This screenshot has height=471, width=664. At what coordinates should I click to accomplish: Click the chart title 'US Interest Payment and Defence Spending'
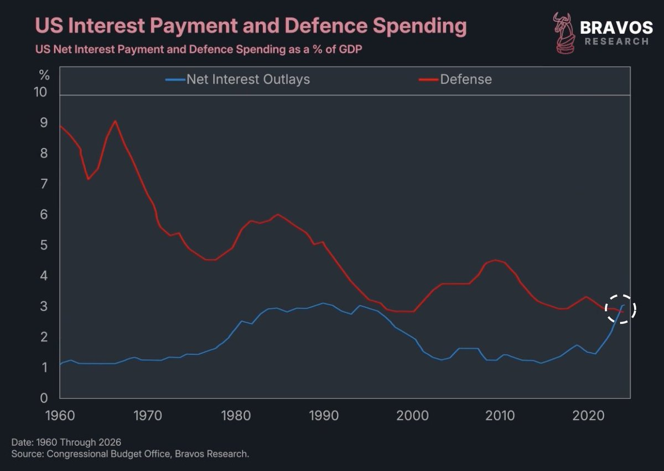[251, 26]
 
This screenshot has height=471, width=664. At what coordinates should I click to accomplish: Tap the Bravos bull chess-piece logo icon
[564, 33]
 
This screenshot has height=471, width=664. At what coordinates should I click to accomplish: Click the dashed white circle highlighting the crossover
[620, 309]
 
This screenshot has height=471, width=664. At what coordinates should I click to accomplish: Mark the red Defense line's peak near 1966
[115, 121]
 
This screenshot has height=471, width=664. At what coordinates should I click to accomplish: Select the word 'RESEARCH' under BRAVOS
[616, 42]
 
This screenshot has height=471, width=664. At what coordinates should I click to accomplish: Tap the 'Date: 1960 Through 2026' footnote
[66, 442]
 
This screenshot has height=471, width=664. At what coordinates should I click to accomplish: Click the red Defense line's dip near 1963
[87, 179]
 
